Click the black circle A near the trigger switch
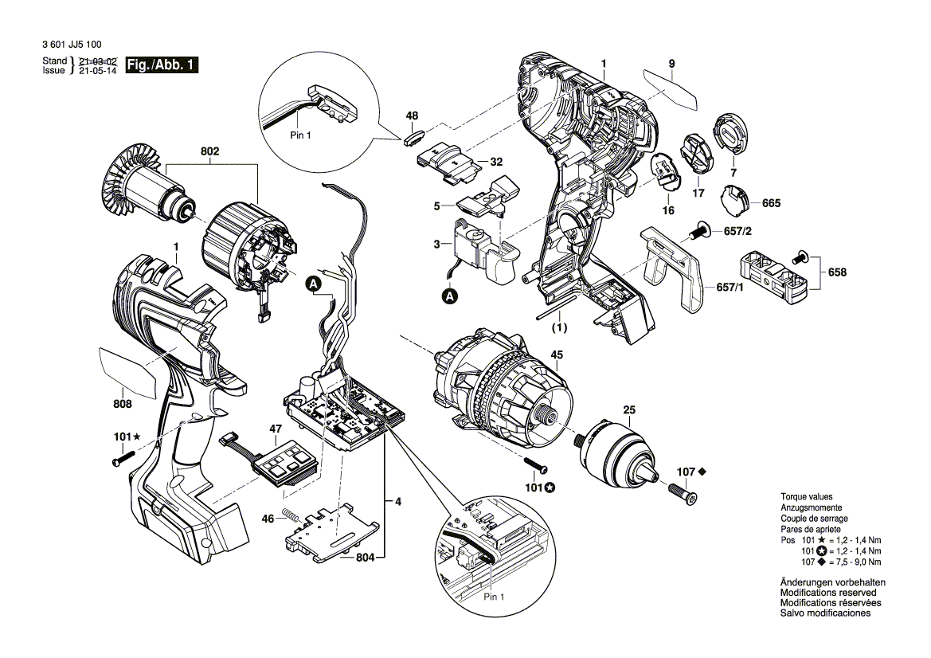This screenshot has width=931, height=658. pyautogui.click(x=450, y=296)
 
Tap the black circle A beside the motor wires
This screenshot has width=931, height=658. pyautogui.click(x=313, y=284)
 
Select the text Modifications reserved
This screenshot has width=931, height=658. pyautogui.click(x=827, y=593)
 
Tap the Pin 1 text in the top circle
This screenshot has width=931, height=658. pyautogui.click(x=299, y=136)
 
